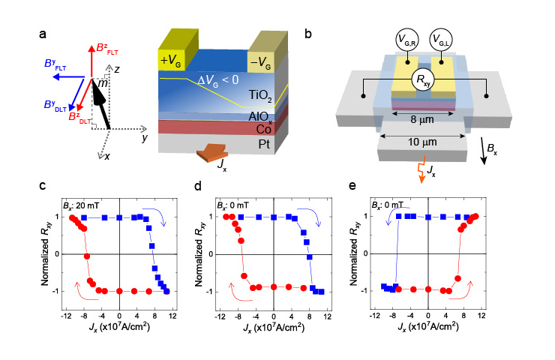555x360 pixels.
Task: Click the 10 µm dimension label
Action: pyautogui.click(x=424, y=141)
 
